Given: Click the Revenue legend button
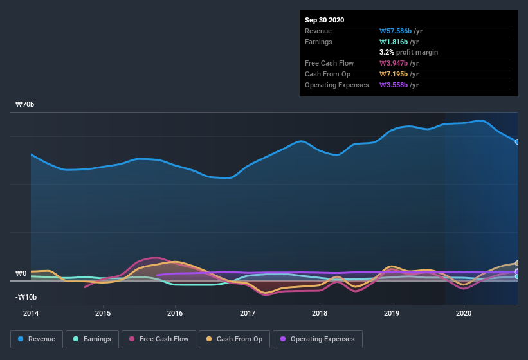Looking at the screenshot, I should [x=36, y=339].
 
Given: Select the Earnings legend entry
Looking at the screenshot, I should [x=92, y=339].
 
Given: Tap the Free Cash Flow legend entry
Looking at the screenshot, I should [x=158, y=339].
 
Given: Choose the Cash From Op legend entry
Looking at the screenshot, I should [x=235, y=339].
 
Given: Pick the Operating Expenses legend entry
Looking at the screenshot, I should [x=317, y=339].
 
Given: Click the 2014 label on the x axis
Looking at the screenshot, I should [x=31, y=313].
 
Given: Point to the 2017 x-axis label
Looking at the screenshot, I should [x=248, y=313].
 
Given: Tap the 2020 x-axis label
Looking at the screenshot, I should [x=464, y=313].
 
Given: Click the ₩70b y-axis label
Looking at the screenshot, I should [x=26, y=104].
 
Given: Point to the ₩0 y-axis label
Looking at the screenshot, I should [x=21, y=273].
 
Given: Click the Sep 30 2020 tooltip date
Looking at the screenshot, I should [x=324, y=20].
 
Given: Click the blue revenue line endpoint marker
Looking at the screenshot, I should [x=517, y=141].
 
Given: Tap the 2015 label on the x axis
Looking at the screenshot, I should [x=103, y=313].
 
